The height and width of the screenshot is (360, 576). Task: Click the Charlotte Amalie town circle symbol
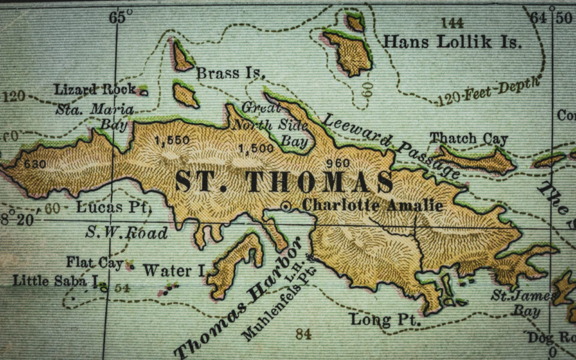pyautogui.click(x=286, y=206)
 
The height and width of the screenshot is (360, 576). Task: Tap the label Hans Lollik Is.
pyautogui.click(x=452, y=43)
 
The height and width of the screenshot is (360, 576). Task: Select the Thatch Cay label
pyautogui.click(x=468, y=139)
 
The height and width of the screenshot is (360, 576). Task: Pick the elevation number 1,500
pyautogui.click(x=256, y=148)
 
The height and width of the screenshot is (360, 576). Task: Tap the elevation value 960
pyautogui.click(x=340, y=162)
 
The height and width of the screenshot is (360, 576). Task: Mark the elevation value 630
pyautogui.click(x=35, y=163)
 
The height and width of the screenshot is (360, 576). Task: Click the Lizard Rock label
pyautogui.click(x=95, y=90)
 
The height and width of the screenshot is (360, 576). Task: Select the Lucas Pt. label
pyautogui.click(x=114, y=208)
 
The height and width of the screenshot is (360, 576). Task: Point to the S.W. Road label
pyautogui.click(x=127, y=232)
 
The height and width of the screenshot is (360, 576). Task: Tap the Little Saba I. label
pyautogui.click(x=56, y=280)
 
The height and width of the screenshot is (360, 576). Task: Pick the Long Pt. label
pyautogui.click(x=385, y=320)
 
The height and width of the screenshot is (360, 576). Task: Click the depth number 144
pyautogui.click(x=451, y=23)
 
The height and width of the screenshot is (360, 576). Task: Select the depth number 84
pyautogui.click(x=303, y=334)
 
